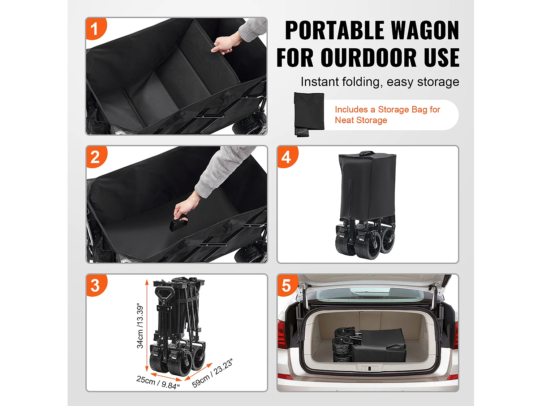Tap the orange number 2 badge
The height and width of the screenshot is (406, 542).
point(95,157)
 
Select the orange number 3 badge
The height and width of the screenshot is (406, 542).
point(95,285)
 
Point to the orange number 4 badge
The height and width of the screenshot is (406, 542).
point(286,157)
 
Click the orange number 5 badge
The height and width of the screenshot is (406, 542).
point(286,285)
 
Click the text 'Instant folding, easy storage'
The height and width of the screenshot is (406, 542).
point(380,82)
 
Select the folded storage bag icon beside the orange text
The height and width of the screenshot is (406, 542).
point(309,114)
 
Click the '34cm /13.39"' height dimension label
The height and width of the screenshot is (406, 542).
point(140,326)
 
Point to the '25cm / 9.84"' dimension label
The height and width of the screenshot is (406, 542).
point(158,382)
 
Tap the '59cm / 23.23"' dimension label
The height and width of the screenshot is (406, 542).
point(212,373)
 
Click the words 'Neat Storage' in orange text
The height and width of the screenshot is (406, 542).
point(361,120)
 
